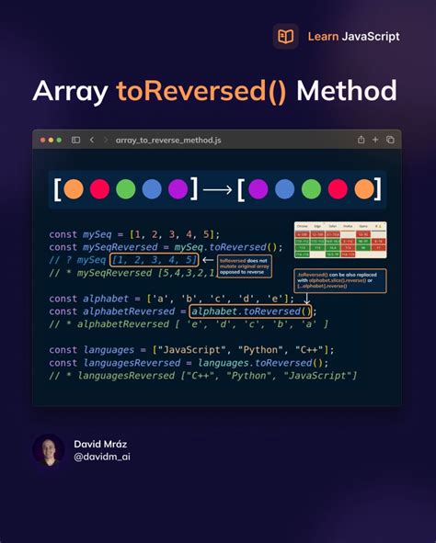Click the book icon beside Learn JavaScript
tap(285, 37)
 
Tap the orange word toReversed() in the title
tap(201, 91)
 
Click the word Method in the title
tap(347, 91)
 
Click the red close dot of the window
tap(44, 140)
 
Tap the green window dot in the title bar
tap(59, 140)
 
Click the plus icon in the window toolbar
tap(375, 140)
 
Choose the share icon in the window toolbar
tap(361, 140)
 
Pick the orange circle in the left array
tap(75, 189)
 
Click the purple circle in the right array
tap(258, 189)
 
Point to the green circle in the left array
tap(126, 189)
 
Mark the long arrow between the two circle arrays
tap(217, 190)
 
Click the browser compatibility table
tap(339, 240)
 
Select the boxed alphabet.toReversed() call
tap(251, 311)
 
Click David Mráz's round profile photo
tap(49, 450)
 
